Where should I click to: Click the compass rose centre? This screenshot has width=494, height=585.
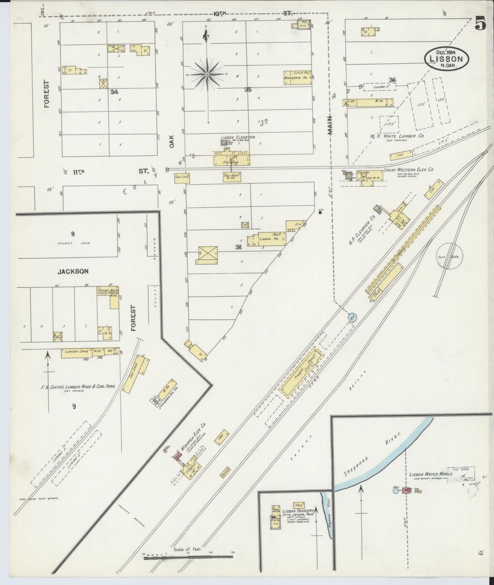click(x=207, y=74)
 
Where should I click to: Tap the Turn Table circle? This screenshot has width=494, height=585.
click(x=449, y=257)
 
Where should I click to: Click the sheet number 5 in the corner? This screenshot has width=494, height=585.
click(x=480, y=23)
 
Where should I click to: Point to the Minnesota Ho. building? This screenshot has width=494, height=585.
click(x=298, y=77)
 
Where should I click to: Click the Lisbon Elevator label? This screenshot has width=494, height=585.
click(x=238, y=137)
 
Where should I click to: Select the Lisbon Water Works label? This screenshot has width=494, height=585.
click(x=431, y=474)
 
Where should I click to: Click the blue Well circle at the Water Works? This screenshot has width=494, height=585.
click(x=395, y=490)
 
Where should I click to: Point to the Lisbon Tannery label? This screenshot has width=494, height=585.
click(x=296, y=511)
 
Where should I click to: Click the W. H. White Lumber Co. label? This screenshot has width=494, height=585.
click(x=401, y=136)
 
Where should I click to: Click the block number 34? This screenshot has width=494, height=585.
click(x=114, y=92)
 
